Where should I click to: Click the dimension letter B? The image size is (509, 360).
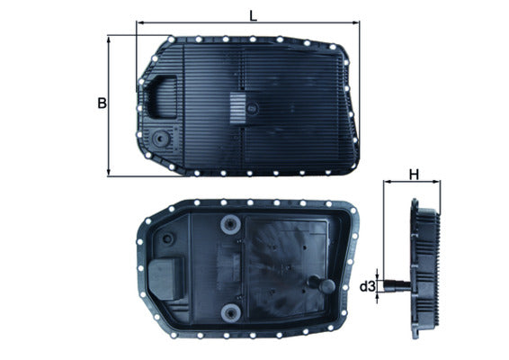pyautogui.click(x=102, y=104)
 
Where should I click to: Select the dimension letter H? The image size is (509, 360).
pyautogui.click(x=414, y=174)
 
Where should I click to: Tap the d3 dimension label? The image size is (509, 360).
pyautogui.click(x=367, y=287)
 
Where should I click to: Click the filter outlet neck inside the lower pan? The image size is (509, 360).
pyautogui.click(x=315, y=285)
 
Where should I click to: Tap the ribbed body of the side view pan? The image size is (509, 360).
pyautogui.click(x=427, y=270)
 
